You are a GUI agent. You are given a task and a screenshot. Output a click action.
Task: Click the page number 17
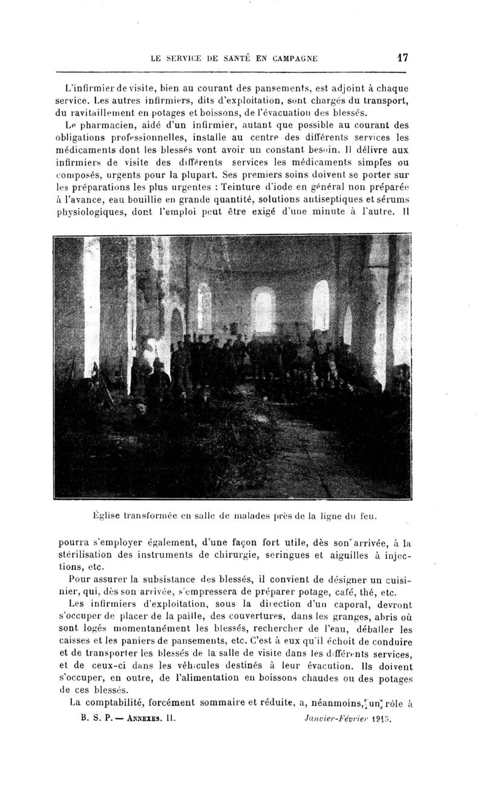402,58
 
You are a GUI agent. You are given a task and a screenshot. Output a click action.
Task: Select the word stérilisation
99,556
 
